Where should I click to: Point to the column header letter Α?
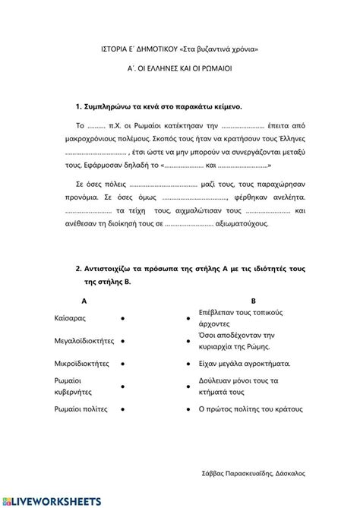click(83, 301)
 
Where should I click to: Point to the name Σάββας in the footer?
click(218, 472)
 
